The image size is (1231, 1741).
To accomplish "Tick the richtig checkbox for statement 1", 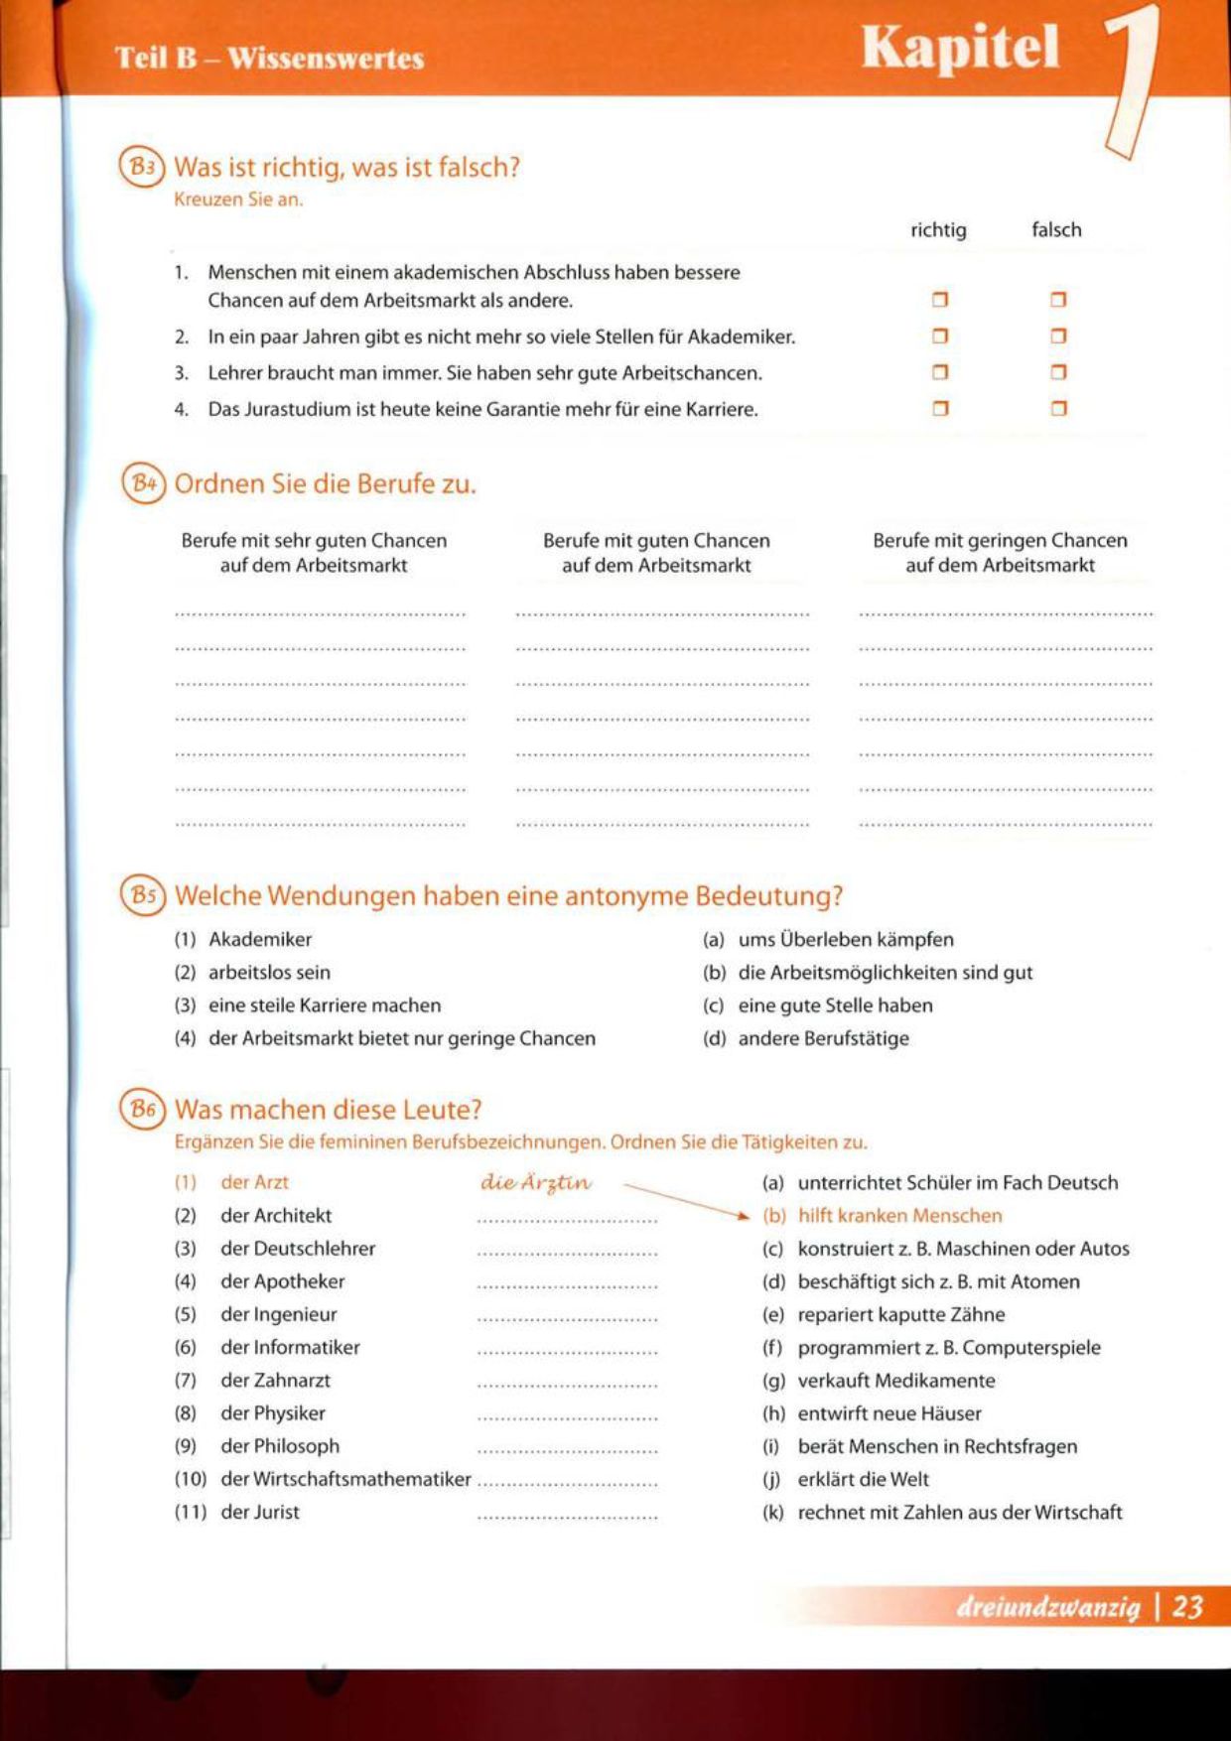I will [940, 300].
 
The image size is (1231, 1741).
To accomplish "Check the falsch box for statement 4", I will [1058, 408].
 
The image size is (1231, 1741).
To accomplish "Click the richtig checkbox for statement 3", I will [940, 372].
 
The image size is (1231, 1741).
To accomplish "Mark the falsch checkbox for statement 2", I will [1058, 336].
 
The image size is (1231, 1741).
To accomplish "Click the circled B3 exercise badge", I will [142, 167].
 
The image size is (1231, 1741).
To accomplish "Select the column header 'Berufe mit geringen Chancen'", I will [1000, 541].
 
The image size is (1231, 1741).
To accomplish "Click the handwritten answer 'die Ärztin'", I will [536, 1182].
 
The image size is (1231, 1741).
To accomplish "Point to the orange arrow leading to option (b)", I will [685, 1199].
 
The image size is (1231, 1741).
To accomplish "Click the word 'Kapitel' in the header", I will [960, 48].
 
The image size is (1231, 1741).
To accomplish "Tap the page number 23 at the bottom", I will [1187, 1607].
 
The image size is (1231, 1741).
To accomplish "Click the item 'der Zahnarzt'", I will [275, 1380].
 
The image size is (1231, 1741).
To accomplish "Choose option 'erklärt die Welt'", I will [863, 1479].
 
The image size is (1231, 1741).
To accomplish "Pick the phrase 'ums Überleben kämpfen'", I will [846, 939].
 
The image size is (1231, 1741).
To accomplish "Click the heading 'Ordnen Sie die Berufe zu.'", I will [325, 483].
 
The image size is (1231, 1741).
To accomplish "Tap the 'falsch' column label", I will [1056, 229].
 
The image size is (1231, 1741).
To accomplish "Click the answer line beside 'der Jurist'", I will [567, 1517].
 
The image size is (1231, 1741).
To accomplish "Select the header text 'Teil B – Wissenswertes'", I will [269, 58].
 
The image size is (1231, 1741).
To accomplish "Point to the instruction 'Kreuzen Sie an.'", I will [238, 199].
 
